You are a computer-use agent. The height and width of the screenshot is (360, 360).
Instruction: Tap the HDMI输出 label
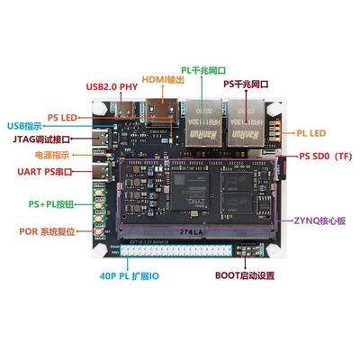(x=164, y=81)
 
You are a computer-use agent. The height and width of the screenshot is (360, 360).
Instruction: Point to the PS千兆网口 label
(x=245, y=82)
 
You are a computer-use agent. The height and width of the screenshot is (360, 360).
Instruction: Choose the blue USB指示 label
(x=24, y=125)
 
